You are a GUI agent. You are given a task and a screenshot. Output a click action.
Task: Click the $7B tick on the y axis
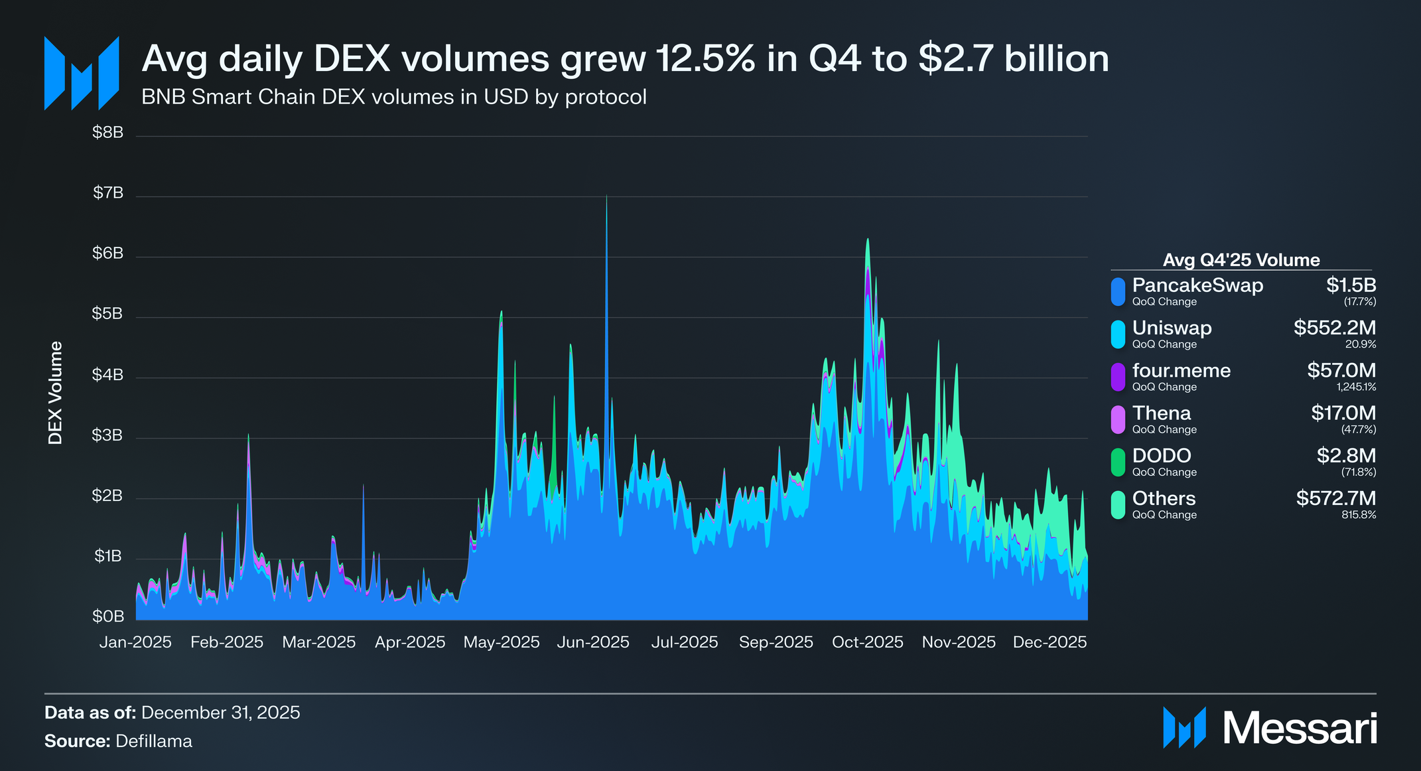[x=108, y=193]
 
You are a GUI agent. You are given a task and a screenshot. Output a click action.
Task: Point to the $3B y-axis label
[x=107, y=435]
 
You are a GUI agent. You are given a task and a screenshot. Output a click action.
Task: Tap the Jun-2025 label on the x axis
[x=592, y=642]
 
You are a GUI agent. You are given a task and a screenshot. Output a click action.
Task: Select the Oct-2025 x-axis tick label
[x=867, y=642]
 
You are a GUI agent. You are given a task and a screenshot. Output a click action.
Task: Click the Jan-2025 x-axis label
[x=135, y=642]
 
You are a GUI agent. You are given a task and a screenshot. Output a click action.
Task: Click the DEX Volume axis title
[x=56, y=393]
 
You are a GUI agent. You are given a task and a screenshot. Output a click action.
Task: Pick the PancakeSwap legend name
[x=1197, y=285]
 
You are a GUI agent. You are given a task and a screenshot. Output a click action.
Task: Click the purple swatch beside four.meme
[x=1118, y=377]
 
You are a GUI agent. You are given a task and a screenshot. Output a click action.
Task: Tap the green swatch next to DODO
[x=1118, y=462]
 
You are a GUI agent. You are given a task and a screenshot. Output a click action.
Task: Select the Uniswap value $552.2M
[x=1334, y=328]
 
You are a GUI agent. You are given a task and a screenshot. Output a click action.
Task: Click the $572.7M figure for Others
[x=1335, y=498]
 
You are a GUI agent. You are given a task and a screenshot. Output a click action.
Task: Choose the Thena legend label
[x=1161, y=413]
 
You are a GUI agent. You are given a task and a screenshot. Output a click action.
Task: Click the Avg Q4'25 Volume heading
[x=1241, y=260]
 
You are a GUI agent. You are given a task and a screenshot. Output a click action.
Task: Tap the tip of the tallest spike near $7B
[x=606, y=196]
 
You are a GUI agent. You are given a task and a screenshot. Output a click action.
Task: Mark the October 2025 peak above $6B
[x=867, y=240]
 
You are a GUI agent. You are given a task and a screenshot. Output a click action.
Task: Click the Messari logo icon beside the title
[x=82, y=73]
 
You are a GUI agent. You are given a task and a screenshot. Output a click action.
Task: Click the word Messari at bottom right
[x=1300, y=729]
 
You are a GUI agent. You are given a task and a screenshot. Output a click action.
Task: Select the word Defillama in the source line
[x=153, y=741]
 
